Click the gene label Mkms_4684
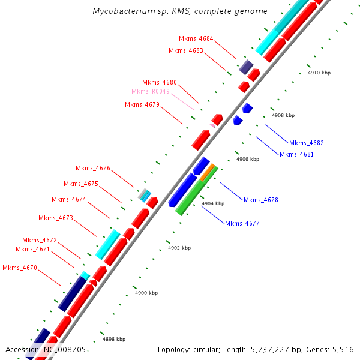[196, 38]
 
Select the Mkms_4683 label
[187, 50]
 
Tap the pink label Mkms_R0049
[151, 91]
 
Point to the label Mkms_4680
[160, 82]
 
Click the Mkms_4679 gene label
[142, 104]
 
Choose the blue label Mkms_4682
[307, 143]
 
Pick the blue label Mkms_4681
[297, 154]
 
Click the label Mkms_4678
[261, 200]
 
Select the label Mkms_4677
[242, 223]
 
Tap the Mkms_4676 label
[93, 168]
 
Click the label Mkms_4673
[56, 218]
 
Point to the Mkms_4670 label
[20, 268]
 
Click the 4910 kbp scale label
[319, 73]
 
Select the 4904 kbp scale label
[212, 204]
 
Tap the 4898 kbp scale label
[114, 339]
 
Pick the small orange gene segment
[208, 173]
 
